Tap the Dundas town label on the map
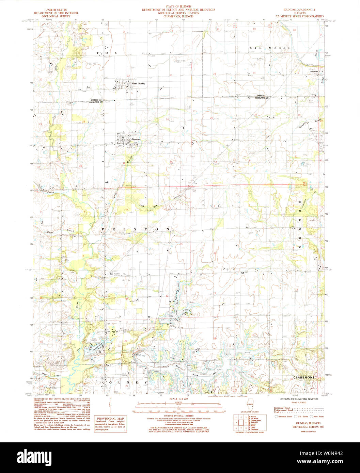[136, 140]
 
